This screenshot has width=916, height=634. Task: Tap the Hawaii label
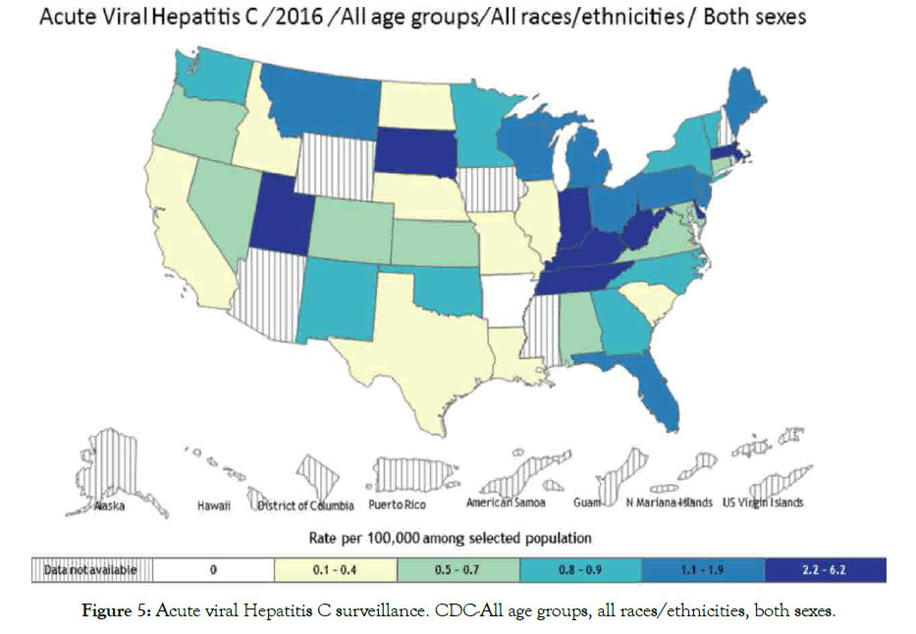tap(208, 507)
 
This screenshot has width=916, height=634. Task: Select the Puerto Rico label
tap(399, 506)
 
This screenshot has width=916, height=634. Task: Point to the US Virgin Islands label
tap(762, 503)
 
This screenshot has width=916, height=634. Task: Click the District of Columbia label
tap(305, 506)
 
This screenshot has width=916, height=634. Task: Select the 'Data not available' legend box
tap(85, 568)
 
